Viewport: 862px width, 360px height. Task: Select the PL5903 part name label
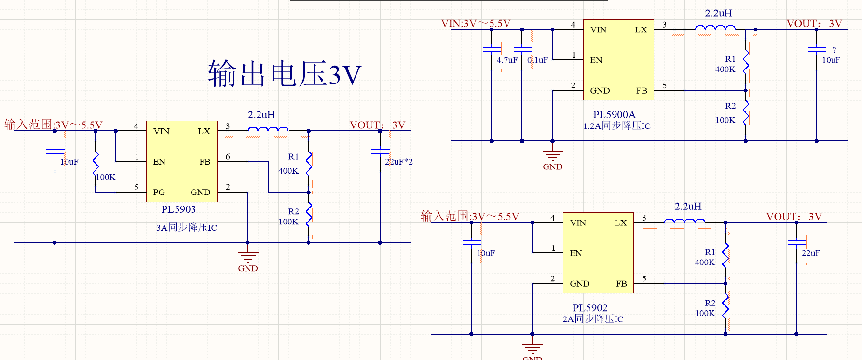point(178,209)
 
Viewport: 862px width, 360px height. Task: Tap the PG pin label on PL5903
point(159,192)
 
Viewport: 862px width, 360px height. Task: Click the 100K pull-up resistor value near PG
point(106,177)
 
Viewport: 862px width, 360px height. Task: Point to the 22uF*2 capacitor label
point(399,162)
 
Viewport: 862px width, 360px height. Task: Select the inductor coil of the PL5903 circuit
point(268,129)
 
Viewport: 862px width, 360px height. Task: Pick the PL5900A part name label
point(614,115)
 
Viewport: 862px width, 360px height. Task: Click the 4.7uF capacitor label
point(507,60)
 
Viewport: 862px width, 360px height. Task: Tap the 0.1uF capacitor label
point(537,60)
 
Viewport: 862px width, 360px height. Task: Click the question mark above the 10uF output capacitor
point(834,50)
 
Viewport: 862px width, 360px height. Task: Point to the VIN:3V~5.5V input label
point(476,24)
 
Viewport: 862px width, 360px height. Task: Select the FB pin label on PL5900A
point(642,91)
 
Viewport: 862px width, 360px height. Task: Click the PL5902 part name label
point(590,308)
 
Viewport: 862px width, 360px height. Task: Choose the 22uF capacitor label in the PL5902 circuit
point(810,253)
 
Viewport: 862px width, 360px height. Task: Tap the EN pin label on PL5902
point(576,253)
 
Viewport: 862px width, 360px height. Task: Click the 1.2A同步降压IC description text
point(616,126)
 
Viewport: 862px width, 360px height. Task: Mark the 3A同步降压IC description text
point(186,227)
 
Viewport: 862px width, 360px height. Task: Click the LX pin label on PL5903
point(204,131)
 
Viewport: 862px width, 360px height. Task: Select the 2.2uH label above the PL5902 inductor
point(688,207)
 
